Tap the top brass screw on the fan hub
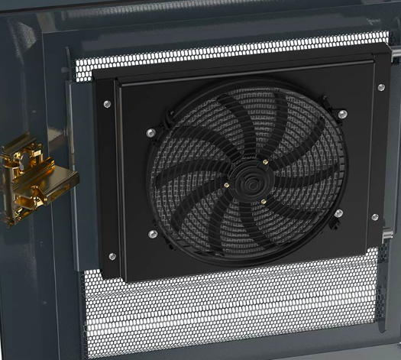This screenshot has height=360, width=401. [265, 162]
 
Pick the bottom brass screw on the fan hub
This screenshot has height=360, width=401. [264, 201]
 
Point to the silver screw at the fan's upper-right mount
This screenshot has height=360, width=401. [342, 114]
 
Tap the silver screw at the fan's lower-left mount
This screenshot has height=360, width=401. [153, 234]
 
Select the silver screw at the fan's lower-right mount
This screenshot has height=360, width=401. [338, 213]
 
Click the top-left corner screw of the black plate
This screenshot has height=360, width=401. [107, 104]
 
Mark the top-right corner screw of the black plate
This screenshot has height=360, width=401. [380, 87]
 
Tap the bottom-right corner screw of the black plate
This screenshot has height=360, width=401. [374, 217]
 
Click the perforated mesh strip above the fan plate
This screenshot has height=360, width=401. [229, 52]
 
